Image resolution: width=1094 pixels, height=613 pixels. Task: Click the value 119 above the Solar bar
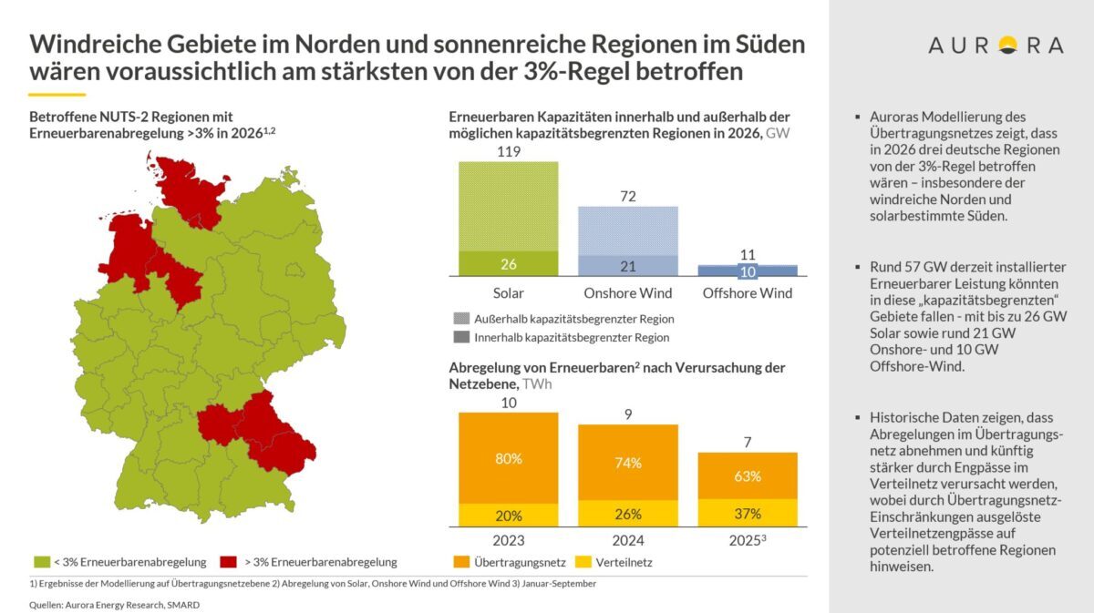tap(509, 152)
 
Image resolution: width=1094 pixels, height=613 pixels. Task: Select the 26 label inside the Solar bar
tap(509, 264)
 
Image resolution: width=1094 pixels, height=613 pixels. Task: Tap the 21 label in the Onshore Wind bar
tap(627, 265)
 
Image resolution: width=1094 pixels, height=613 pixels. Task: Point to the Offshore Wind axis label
tap(747, 293)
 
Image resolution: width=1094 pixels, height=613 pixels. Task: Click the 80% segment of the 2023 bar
tap(509, 458)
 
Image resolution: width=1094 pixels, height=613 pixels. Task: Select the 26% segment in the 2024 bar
tap(627, 514)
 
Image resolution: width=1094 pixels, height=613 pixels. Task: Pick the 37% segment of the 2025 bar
tap(747, 513)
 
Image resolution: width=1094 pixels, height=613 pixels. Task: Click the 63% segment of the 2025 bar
tap(747, 475)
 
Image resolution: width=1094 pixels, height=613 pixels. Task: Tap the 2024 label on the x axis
tap(627, 540)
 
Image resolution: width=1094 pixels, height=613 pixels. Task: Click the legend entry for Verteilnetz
tap(620, 562)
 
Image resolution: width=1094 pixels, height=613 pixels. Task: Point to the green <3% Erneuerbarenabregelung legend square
tap(40, 562)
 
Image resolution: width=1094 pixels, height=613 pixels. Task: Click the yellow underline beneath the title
tap(57, 94)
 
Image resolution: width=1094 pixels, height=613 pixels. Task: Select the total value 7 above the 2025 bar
tap(747, 442)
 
